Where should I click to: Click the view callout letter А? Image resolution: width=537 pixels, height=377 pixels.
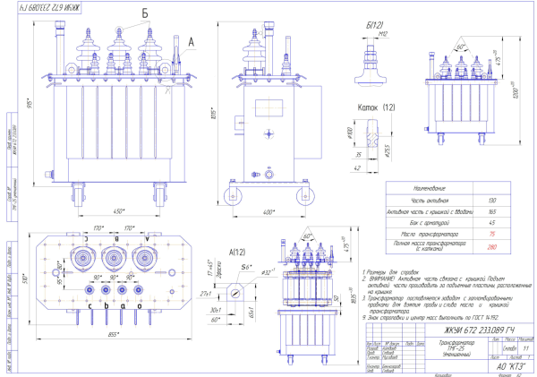pos(191,40)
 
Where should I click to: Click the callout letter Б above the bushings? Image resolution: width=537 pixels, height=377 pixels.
pos(144,13)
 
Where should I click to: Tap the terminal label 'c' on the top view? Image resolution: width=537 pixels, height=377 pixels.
pos(90,305)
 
